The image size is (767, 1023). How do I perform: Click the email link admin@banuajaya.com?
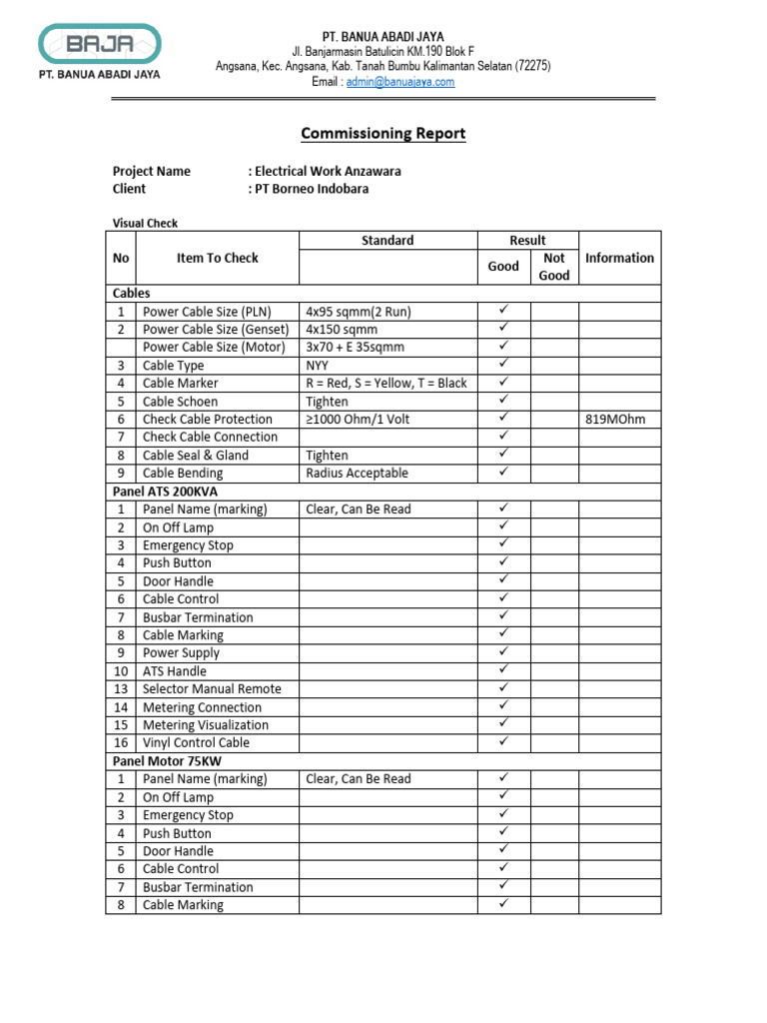pos(399,82)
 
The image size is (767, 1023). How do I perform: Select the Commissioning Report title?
pos(383,133)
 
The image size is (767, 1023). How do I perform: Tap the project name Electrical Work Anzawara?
pos(326,171)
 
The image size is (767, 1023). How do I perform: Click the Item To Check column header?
pos(217,258)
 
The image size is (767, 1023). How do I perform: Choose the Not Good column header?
pos(553,267)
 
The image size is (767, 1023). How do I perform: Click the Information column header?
pos(619,258)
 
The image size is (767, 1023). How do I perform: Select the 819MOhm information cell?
pos(615,420)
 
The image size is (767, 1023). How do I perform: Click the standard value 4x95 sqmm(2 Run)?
pos(358,312)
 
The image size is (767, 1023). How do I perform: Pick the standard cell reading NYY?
pos(318,366)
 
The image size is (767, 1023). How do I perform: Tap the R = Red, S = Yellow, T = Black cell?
pos(385,384)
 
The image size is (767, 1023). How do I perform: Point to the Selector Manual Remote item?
pos(212,689)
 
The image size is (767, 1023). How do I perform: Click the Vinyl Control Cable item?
pos(196,743)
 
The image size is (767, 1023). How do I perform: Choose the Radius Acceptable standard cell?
pos(357,474)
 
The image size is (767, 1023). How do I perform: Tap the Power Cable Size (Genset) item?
pos(215,330)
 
